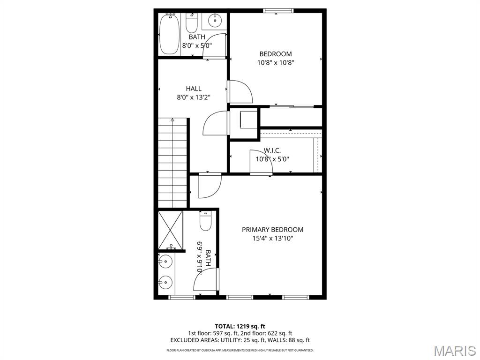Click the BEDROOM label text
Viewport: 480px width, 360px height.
pyautogui.click(x=276, y=54)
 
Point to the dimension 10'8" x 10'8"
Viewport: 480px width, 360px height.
pyautogui.click(x=276, y=63)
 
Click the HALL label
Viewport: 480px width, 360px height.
pyautogui.click(x=194, y=89)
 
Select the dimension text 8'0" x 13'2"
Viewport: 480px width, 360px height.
pyautogui.click(x=194, y=97)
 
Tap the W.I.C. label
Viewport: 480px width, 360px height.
pyautogui.click(x=272, y=150)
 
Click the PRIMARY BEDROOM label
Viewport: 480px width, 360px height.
pyautogui.click(x=272, y=230)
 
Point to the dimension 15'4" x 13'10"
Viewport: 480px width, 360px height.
pyautogui.click(x=272, y=239)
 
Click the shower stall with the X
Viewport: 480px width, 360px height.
pyautogui.click(x=169, y=230)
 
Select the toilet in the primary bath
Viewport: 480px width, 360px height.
pyautogui.click(x=206, y=221)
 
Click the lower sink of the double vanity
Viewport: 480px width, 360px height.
pyautogui.click(x=165, y=282)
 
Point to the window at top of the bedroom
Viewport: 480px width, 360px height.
pyautogui.click(x=278, y=10)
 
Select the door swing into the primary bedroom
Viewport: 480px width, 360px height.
pyautogui.click(x=209, y=186)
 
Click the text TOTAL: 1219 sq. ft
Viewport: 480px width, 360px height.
pyautogui.click(x=240, y=326)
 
